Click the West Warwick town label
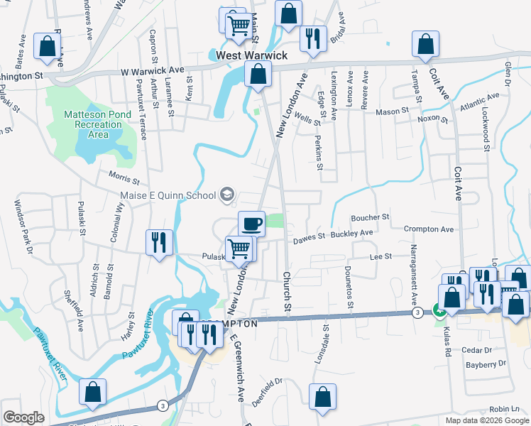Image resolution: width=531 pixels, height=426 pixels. click(x=252, y=55)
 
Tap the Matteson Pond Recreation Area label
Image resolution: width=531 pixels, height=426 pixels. click(x=96, y=124)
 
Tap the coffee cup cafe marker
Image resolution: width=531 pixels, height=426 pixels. click(x=251, y=224)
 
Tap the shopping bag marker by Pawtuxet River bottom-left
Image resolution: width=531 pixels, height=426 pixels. click(x=92, y=392)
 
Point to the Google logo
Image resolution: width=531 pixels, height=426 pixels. click(x=23, y=417)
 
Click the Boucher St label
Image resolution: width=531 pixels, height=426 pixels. click(x=371, y=217)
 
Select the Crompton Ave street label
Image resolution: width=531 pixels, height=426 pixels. click(x=428, y=229)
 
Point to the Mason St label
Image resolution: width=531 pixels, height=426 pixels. click(x=393, y=111)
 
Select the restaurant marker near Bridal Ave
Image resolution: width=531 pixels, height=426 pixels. click(x=312, y=38)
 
